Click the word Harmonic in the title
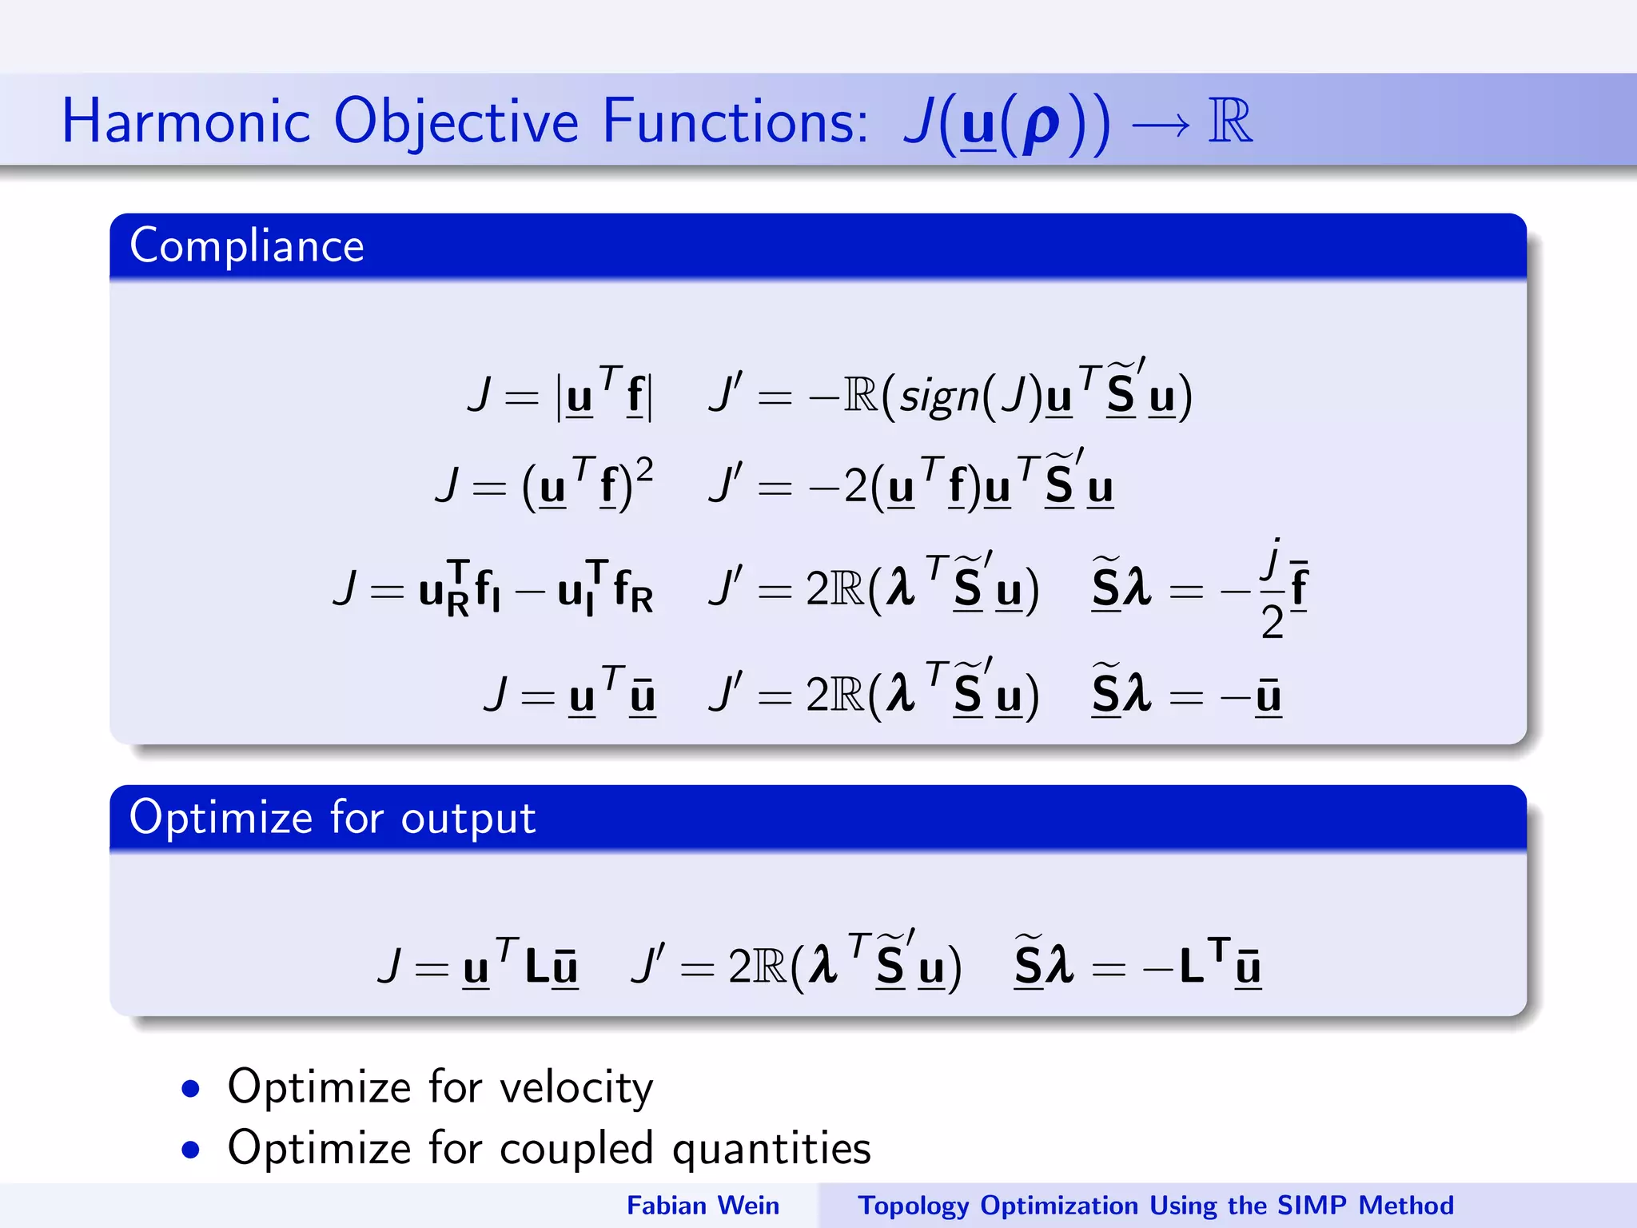point(185,122)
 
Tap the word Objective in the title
point(456,123)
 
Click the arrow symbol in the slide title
point(1160,125)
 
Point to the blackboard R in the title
point(1230,122)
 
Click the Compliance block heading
point(247,245)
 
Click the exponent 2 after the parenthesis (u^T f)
point(644,470)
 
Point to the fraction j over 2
point(1272,589)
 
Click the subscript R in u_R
point(458,605)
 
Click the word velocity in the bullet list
point(576,1087)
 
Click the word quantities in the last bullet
point(771,1149)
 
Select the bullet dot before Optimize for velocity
point(190,1089)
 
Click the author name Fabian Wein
point(703,1205)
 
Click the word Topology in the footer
point(913,1206)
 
